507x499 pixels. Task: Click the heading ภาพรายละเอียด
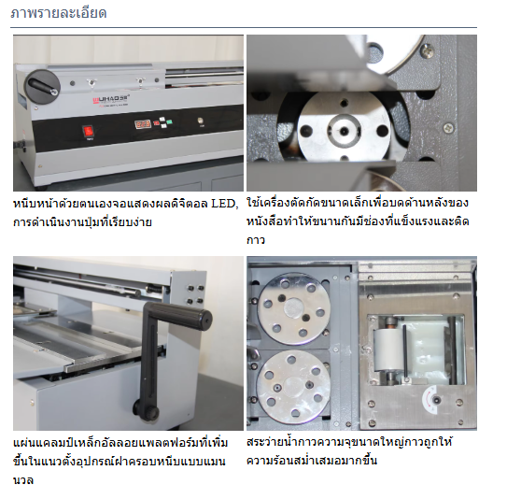(x=59, y=13)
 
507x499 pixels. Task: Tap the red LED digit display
(x=143, y=124)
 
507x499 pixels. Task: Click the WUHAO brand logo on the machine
(x=111, y=99)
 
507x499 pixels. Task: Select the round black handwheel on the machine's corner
(x=42, y=87)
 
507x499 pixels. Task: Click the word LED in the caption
(x=224, y=204)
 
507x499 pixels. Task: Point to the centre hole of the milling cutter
(x=344, y=131)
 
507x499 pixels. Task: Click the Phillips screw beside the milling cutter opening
(x=448, y=127)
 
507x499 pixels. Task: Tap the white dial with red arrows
(x=431, y=400)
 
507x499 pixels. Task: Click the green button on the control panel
(x=169, y=122)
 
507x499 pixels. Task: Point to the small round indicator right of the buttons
(x=200, y=121)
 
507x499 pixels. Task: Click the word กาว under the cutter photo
(x=256, y=240)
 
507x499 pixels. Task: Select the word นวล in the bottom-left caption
(x=23, y=479)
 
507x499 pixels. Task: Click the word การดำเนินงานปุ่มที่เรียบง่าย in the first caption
(x=82, y=222)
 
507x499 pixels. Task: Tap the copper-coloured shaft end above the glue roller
(x=391, y=321)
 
